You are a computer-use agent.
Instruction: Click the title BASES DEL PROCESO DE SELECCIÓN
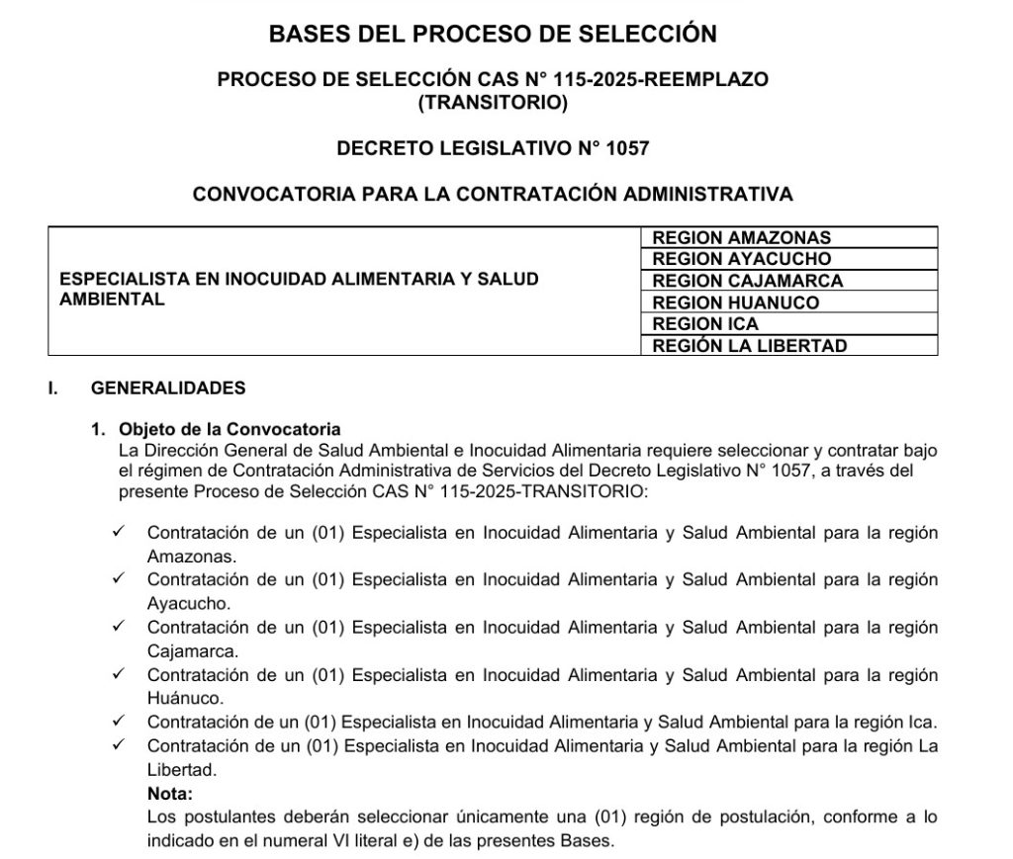click(x=493, y=34)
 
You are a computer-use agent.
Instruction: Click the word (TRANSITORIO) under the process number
click(x=493, y=101)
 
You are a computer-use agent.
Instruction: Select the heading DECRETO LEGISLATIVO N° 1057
click(x=493, y=148)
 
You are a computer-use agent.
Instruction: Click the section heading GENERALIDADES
click(x=168, y=387)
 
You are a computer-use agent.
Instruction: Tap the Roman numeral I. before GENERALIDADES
click(x=52, y=387)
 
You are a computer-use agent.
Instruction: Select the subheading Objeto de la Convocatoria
click(x=230, y=429)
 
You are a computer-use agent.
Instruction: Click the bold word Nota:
click(x=169, y=794)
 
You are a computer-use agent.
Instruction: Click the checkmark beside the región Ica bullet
click(x=119, y=722)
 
